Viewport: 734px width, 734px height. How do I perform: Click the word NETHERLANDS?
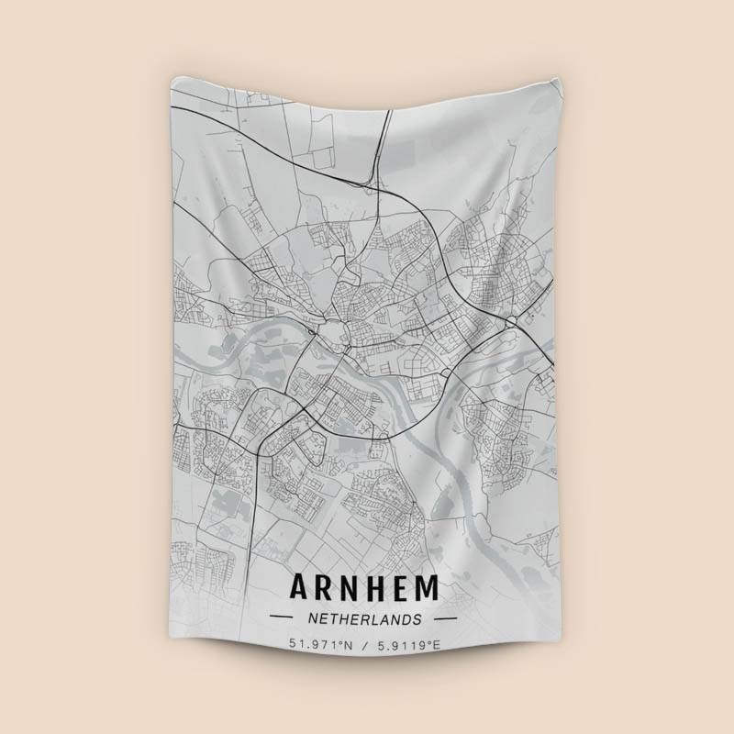point(364,619)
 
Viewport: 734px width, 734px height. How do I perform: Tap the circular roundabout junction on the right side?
point(510,322)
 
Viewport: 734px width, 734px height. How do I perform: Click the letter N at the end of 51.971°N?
point(348,646)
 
